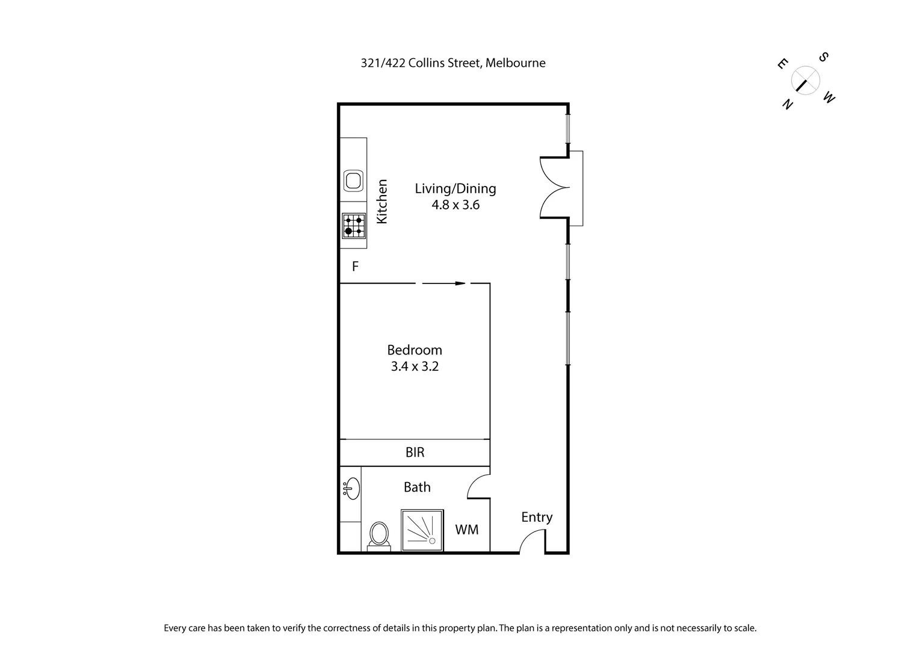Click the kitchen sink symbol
pyautogui.click(x=353, y=180)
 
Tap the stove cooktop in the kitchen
pyautogui.click(x=354, y=226)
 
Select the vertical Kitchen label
pyautogui.click(x=381, y=202)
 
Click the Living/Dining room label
pyautogui.click(x=455, y=188)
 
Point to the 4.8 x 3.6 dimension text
pyautogui.click(x=455, y=205)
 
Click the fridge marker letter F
pyautogui.click(x=355, y=267)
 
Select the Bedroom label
pyautogui.click(x=414, y=350)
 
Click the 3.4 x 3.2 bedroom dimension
pyautogui.click(x=414, y=366)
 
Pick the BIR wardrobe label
pyautogui.click(x=415, y=453)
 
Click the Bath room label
pyautogui.click(x=417, y=487)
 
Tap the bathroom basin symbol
pyautogui.click(x=352, y=489)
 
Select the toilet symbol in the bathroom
pyautogui.click(x=378, y=534)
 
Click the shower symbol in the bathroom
pyautogui.click(x=422, y=530)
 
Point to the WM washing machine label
pyautogui.click(x=467, y=530)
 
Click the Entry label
pyautogui.click(x=536, y=517)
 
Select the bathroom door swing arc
pyautogui.click(x=477, y=486)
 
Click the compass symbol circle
pyautogui.click(x=805, y=81)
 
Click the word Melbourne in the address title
pyautogui.click(x=515, y=63)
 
